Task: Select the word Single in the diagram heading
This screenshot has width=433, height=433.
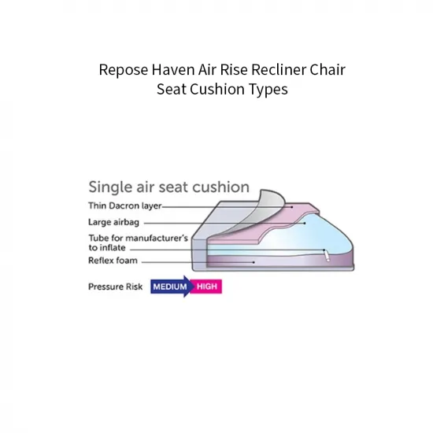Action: [109, 188]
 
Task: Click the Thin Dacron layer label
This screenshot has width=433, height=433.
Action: [124, 206]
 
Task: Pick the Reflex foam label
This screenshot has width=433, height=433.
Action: [112, 261]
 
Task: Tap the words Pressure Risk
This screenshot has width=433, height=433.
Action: [115, 287]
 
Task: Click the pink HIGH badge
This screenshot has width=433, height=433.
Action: [208, 287]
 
